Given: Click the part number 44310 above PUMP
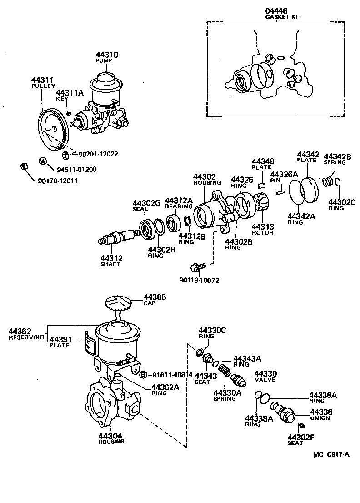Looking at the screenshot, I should point(107,55).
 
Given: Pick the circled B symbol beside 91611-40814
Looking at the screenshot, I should point(143,375).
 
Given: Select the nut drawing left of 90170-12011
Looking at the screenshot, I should point(25,167).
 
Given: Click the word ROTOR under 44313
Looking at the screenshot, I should point(263,233).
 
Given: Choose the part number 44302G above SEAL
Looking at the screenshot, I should point(146,203).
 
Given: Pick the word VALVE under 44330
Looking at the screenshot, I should point(266,379).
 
